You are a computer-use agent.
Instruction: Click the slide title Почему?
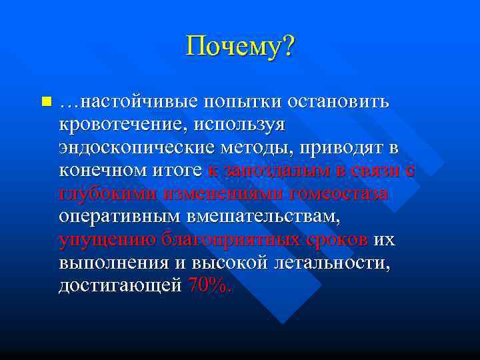point(240,47)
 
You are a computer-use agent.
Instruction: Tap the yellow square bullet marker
point(45,103)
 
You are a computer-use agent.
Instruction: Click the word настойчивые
point(138,102)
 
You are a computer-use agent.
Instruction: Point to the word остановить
point(340,102)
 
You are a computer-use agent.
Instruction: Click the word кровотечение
point(119,125)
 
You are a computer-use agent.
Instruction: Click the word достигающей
point(120,285)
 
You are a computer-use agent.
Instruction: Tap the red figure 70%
point(210,285)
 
